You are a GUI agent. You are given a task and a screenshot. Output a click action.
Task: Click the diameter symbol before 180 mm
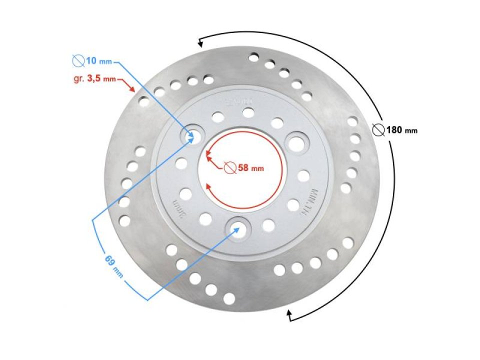(378, 130)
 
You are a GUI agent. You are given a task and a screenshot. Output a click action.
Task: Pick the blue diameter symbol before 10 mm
(77, 61)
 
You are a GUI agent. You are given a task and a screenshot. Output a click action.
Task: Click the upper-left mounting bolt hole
(191, 134)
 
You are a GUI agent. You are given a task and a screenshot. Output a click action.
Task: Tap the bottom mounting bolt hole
(236, 227)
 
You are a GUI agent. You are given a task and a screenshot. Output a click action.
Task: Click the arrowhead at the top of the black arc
(200, 42)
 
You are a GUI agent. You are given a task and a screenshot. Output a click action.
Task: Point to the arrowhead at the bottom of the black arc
(288, 314)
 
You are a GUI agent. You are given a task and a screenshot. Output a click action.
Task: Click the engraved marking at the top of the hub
(239, 102)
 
